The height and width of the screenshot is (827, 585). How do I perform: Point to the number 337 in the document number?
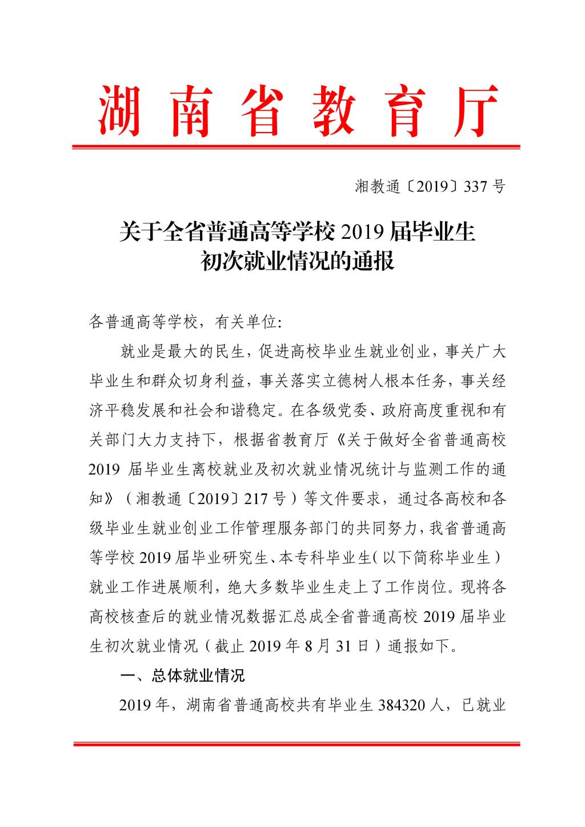point(472,186)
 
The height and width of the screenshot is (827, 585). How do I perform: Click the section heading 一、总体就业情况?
point(183,676)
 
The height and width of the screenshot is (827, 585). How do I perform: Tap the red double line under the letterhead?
point(296,147)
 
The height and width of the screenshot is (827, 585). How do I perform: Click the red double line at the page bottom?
point(296,744)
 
